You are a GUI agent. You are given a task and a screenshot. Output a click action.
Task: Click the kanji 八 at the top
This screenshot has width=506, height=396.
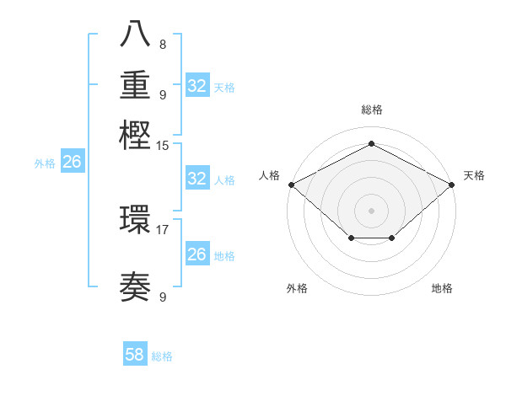click(x=136, y=35)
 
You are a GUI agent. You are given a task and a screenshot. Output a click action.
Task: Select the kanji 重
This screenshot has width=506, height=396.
click(x=136, y=85)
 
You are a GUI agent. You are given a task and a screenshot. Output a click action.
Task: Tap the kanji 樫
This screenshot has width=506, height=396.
click(x=136, y=135)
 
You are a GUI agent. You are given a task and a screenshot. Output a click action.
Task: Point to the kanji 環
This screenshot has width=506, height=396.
click(x=136, y=220)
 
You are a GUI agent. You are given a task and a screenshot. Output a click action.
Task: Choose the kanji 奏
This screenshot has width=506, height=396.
click(x=136, y=288)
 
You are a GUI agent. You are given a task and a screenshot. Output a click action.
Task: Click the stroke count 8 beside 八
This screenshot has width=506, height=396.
click(x=163, y=45)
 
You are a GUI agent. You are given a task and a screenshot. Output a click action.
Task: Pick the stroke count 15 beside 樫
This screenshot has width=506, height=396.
click(x=163, y=145)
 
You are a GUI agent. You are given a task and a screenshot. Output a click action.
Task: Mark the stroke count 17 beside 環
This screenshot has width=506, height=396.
click(x=163, y=228)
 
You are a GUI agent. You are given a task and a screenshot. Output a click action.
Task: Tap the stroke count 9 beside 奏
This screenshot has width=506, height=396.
click(x=163, y=297)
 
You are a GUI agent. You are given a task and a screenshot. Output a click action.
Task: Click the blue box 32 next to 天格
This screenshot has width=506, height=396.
click(x=196, y=86)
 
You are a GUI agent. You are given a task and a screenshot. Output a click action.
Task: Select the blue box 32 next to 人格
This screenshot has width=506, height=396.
click(x=196, y=179)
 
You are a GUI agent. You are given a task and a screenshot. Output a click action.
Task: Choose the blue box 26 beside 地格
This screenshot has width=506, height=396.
click(x=196, y=254)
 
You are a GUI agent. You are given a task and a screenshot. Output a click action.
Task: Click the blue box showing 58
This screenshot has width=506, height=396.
click(x=135, y=355)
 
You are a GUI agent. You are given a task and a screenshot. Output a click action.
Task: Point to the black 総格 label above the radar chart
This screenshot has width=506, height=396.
click(x=371, y=110)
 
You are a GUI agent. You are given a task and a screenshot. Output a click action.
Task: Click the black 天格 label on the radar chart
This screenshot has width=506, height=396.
click(x=474, y=175)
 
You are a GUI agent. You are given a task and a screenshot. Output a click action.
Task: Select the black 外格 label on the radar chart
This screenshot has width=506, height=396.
click(x=297, y=288)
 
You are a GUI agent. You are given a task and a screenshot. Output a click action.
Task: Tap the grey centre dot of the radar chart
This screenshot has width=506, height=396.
click(x=371, y=210)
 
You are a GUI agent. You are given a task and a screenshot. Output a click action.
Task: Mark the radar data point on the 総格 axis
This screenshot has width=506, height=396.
click(x=371, y=143)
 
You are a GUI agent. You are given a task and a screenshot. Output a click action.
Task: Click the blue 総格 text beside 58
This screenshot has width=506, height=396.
click(x=162, y=356)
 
